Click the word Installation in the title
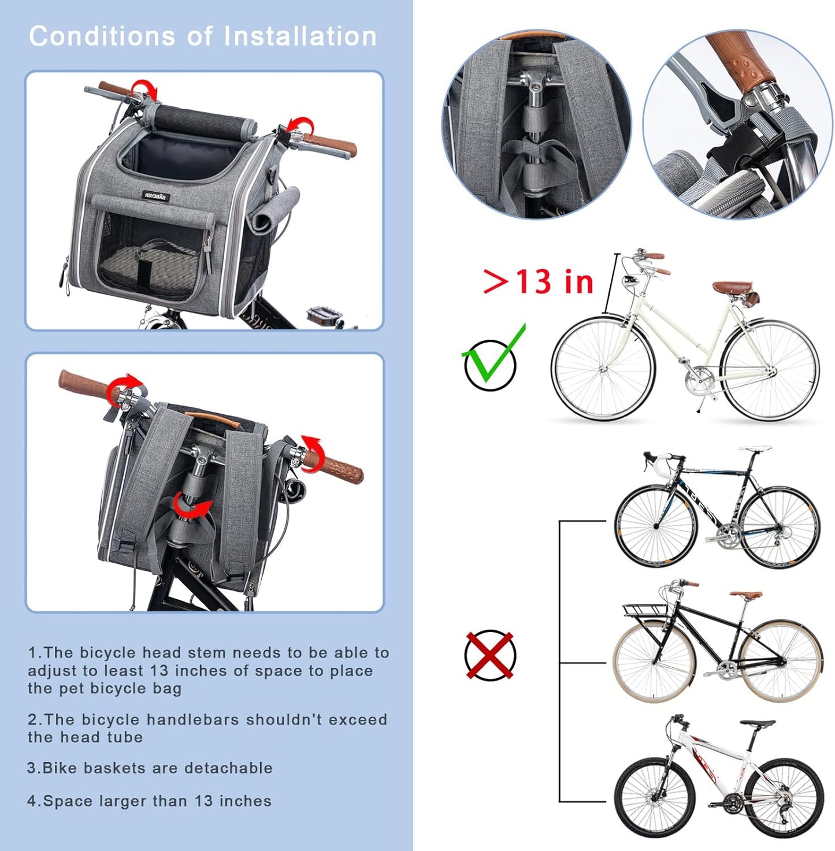click(x=300, y=36)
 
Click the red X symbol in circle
click(x=489, y=656)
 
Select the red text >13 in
click(x=538, y=282)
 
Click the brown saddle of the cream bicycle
click(x=732, y=287)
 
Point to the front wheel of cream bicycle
click(x=603, y=368)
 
